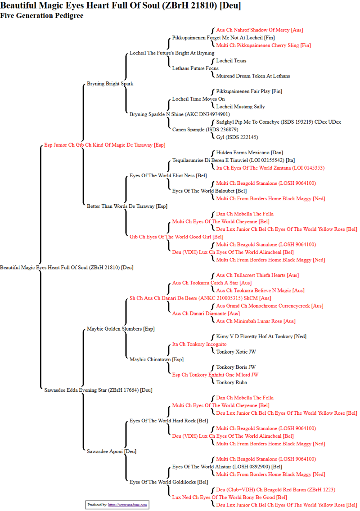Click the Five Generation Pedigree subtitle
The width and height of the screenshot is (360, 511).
(42, 16)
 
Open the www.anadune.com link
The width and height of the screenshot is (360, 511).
(127, 505)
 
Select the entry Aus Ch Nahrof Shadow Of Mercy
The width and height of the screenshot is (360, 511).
(260, 30)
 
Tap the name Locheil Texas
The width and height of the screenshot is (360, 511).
(231, 61)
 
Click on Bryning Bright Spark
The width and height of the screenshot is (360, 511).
(110, 84)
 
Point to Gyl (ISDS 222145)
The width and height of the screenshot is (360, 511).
(237, 137)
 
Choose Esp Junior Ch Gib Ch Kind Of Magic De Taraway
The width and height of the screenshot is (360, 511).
(105, 145)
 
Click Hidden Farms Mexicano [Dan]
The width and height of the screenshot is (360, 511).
(249, 152)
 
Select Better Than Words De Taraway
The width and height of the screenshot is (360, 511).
(127, 206)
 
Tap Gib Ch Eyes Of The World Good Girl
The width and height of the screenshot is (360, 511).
(176, 237)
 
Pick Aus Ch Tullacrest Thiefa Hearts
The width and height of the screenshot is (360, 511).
(257, 275)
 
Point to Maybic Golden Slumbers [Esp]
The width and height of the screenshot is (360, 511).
(121, 329)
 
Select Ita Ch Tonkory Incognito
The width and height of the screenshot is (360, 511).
(199, 344)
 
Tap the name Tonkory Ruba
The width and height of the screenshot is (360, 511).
(231, 382)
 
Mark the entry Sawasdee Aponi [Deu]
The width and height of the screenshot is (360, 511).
(112, 451)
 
